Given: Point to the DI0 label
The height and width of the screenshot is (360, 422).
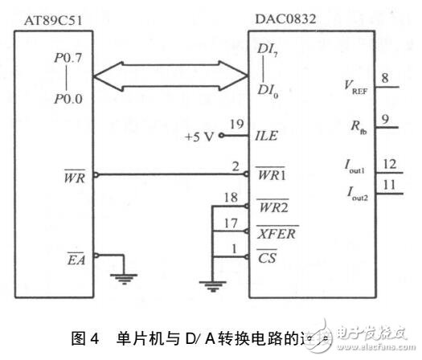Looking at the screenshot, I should [x=268, y=88].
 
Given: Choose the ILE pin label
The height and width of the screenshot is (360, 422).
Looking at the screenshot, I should [x=266, y=136].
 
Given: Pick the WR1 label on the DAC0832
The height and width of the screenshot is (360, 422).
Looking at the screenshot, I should [x=271, y=174].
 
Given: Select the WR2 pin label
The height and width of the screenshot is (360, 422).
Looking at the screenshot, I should [x=271, y=207].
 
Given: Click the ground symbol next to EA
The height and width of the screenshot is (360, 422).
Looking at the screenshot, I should [x=123, y=278].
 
